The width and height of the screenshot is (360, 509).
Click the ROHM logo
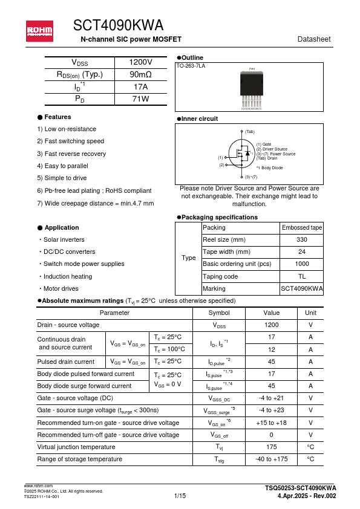click(x=39, y=31)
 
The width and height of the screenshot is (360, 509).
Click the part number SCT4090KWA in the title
click(x=118, y=25)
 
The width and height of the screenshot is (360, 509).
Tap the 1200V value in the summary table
click(x=140, y=63)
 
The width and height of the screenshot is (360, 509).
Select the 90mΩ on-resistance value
click(x=140, y=75)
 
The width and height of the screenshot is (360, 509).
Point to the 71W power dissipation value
click(x=140, y=99)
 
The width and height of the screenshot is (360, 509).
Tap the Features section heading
click(x=57, y=117)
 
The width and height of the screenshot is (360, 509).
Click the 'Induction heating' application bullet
click(x=67, y=276)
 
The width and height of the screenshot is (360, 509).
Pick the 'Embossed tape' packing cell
click(x=302, y=228)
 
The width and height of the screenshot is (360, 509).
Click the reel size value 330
click(x=302, y=240)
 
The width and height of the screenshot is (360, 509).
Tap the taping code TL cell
click(x=302, y=276)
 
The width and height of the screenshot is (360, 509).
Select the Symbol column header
click(x=218, y=313)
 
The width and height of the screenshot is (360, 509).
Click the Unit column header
click(x=310, y=313)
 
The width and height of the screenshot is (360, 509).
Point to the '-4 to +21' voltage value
click(x=271, y=398)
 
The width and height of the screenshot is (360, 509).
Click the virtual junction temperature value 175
click(x=271, y=447)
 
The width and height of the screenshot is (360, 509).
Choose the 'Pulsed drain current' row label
click(x=66, y=361)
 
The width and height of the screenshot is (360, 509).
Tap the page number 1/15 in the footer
click(x=180, y=496)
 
